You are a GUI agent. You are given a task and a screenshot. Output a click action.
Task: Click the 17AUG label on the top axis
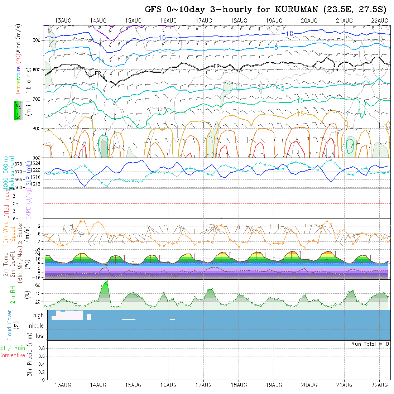point(203,20)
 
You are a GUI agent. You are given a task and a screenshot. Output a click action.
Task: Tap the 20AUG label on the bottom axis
point(309,385)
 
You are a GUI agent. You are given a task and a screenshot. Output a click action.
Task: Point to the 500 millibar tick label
point(37,40)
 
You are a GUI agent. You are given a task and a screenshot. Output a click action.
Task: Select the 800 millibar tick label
point(37,128)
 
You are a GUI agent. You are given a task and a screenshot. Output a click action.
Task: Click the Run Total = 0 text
point(370,344)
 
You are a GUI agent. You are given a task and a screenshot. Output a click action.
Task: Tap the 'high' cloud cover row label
point(38,316)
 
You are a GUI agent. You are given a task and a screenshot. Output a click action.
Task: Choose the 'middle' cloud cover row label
point(36,326)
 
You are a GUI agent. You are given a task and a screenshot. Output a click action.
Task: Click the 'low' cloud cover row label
point(39,336)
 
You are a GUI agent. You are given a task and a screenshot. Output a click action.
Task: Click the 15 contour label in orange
point(300,114)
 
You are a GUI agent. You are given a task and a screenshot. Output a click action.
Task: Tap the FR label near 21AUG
point(335,70)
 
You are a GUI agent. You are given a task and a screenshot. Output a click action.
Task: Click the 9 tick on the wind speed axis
point(40,226)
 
